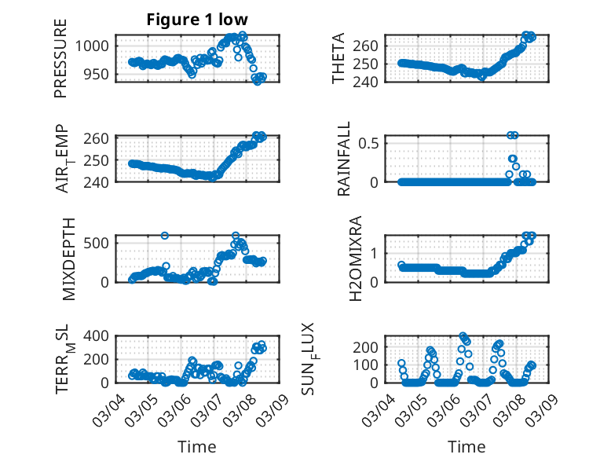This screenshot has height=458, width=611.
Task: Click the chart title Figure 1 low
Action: click(197, 20)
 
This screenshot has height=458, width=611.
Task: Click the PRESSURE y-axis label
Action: click(60, 58)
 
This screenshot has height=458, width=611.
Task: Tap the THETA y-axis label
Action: click(338, 58)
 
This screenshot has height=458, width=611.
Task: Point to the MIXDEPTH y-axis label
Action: click(68, 258)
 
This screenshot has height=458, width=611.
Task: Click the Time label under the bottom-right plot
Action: click(466, 446)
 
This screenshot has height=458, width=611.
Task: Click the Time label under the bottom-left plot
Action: click(197, 446)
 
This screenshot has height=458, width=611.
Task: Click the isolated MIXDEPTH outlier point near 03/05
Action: click(165, 236)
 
